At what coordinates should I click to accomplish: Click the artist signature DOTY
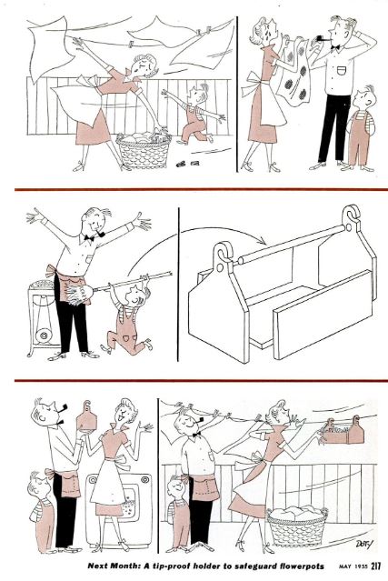363,544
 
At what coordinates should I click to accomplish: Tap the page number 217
374,566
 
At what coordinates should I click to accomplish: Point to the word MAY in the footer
344,566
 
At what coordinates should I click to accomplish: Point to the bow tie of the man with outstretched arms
89,238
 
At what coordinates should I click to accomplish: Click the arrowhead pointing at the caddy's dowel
263,241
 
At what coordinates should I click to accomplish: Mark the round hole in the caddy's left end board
222,267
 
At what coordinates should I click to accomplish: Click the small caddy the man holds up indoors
87,416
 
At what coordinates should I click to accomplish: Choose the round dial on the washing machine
144,481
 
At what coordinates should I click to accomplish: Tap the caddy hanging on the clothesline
343,432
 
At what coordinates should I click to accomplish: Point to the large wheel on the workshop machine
44,336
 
